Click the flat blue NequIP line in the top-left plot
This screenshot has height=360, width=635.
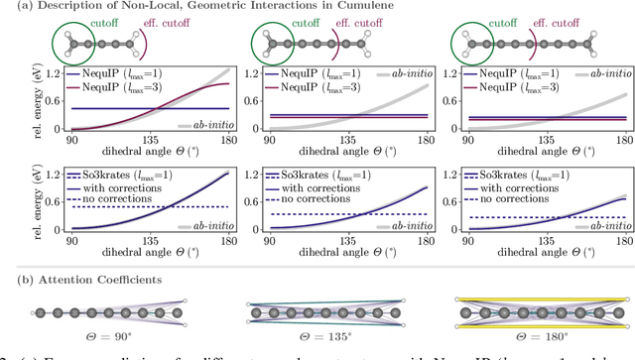(119, 109)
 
